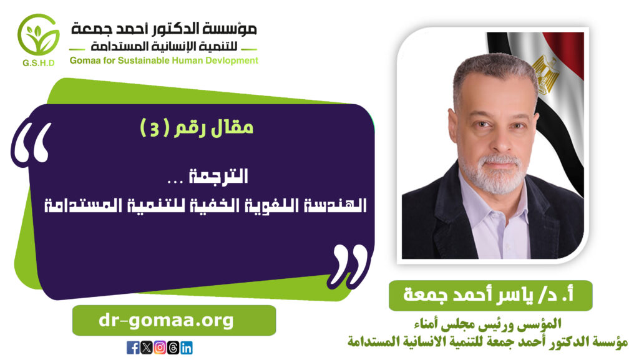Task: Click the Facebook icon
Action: click(133, 348)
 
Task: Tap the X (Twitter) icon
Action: click(146, 348)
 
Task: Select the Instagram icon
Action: click(160, 348)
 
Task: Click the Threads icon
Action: click(173, 348)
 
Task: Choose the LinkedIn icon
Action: click(186, 348)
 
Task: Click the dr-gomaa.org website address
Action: click(166, 321)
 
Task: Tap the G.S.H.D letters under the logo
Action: click(39, 63)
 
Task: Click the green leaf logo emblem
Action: click(38, 35)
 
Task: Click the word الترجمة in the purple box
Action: click(218, 177)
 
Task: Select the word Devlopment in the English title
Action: click(233, 61)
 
